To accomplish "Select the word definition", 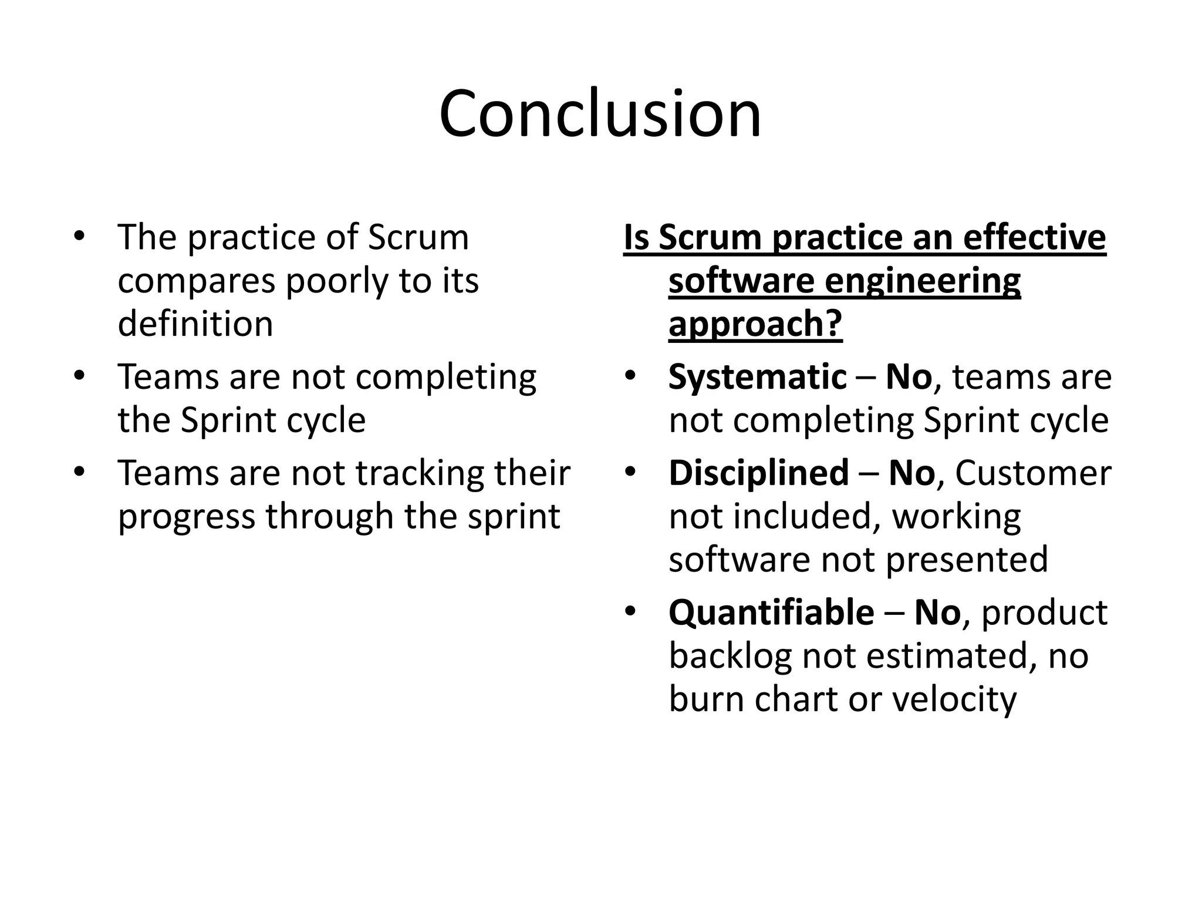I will tap(195, 324).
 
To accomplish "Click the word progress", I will tap(187, 517).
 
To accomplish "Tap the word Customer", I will tap(1033, 473).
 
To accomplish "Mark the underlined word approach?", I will tap(755, 324).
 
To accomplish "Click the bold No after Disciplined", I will tap(911, 473).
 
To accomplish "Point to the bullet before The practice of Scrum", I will tap(80, 237).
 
